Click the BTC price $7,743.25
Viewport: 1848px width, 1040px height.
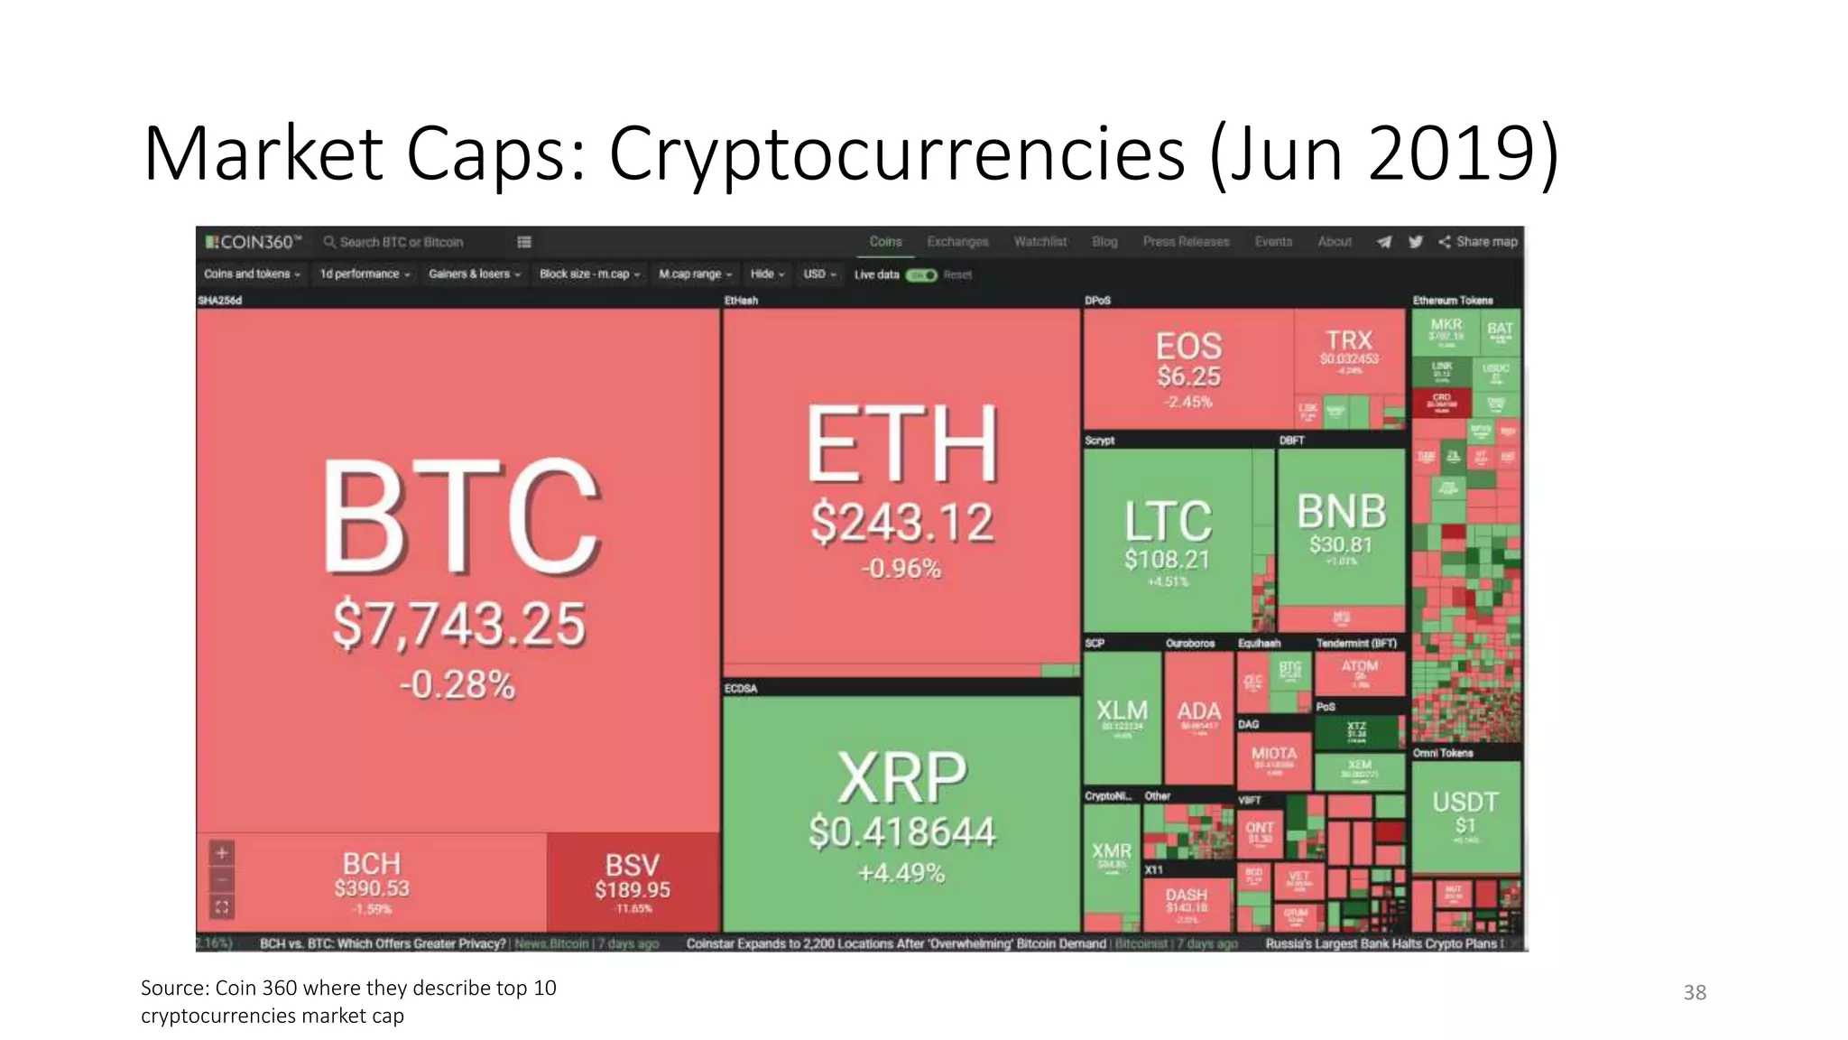coord(458,624)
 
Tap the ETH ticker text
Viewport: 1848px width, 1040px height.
coord(902,444)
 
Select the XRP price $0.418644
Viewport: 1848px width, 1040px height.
coord(901,831)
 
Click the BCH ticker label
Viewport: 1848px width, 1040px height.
coord(371,863)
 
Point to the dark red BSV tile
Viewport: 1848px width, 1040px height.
coord(633,880)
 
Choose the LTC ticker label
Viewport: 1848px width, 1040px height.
coord(1168,521)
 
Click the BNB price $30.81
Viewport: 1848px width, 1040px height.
coord(1341,544)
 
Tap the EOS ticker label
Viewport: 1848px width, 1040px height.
coord(1188,346)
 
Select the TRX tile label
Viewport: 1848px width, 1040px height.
coord(1348,340)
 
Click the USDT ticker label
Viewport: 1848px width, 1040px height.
coord(1465,802)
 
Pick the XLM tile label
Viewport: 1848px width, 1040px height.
coord(1122,710)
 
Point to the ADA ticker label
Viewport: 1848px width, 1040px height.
coord(1198,711)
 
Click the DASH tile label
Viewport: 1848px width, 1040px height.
coord(1186,895)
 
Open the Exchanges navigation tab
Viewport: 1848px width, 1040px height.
coord(957,242)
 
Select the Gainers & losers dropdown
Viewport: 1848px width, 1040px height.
coord(475,274)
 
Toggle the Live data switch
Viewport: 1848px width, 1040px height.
coord(921,274)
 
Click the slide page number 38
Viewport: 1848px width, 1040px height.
coord(1695,992)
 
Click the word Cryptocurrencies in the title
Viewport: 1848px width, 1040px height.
coord(896,153)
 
